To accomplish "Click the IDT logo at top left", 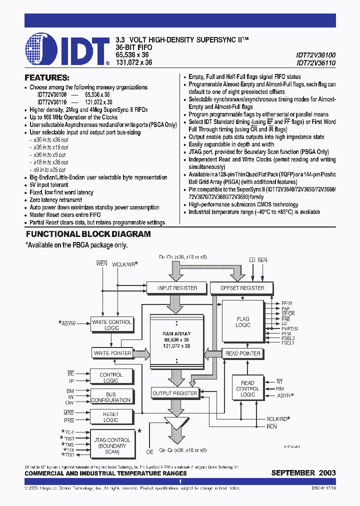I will click(67, 50).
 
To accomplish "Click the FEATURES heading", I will click(47, 78).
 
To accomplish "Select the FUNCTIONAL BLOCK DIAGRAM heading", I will click(88, 234).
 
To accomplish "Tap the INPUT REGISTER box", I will click(177, 288).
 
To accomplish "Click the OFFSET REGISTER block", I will click(242, 288).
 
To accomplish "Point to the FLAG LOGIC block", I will click(243, 322).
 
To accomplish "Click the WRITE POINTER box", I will click(112, 353).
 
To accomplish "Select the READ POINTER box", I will click(243, 353).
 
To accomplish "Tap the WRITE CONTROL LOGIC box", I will click(111, 325).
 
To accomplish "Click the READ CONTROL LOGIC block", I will click(247, 388).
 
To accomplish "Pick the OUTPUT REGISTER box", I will click(174, 393).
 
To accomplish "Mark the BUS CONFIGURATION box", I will click(111, 397).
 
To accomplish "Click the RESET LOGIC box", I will click(111, 417).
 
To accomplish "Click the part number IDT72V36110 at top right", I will click(315, 63).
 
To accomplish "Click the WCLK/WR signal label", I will click(125, 263).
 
